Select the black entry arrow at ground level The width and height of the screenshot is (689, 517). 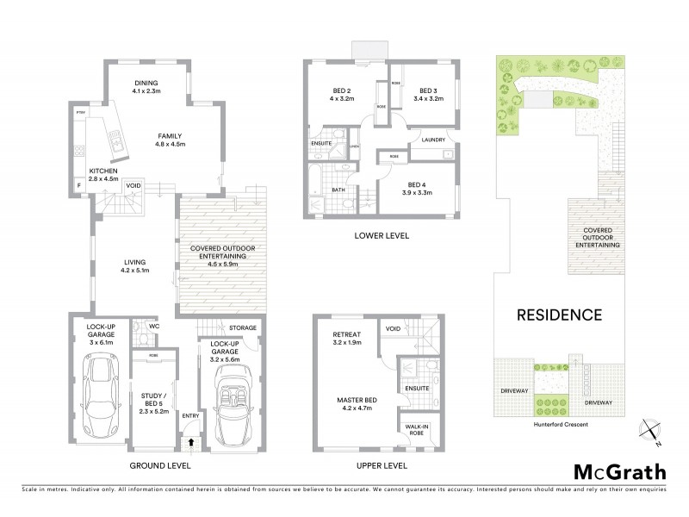[190, 442]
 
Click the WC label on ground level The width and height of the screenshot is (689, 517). [154, 327]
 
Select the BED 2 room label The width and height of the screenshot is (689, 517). [342, 91]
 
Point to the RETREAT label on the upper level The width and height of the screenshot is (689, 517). [349, 334]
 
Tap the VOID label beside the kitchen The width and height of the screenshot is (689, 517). [133, 184]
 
